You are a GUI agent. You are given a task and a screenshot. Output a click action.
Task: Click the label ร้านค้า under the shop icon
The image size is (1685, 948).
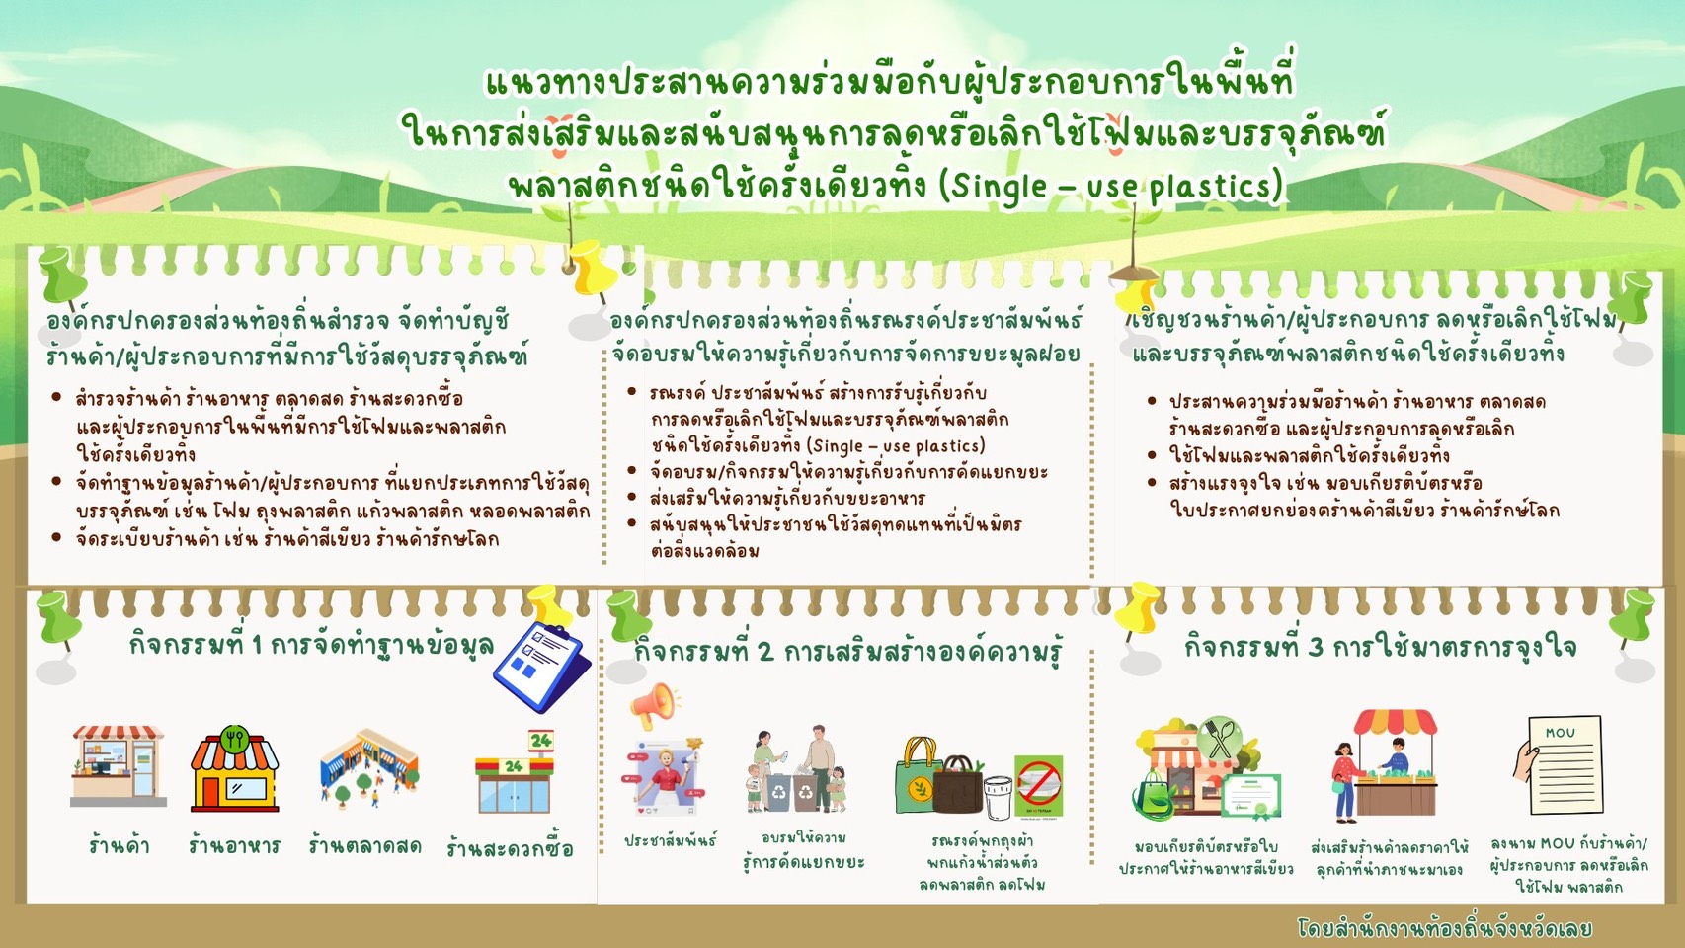[119, 845]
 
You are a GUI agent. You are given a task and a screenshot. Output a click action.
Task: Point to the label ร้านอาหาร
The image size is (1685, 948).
[234, 845]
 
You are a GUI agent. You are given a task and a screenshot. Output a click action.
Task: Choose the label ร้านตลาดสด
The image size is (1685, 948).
[364, 845]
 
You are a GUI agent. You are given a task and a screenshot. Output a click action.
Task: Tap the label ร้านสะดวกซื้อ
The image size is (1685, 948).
[510, 848]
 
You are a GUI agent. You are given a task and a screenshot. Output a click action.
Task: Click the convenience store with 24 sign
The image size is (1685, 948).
[516, 771]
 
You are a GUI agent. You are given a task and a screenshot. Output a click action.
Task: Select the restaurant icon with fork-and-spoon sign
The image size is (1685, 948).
[235, 768]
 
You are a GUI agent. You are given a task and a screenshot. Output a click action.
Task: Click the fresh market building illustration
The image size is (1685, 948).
[368, 767]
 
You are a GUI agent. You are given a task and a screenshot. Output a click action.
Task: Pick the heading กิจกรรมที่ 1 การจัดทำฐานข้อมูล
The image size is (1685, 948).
[311, 646]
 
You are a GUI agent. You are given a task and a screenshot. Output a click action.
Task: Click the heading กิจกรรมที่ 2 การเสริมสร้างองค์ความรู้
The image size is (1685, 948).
[849, 650]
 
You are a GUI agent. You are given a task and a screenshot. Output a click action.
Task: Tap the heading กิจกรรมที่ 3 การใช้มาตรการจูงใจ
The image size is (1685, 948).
[1381, 646]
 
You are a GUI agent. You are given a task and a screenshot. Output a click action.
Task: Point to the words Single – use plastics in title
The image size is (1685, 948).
[1111, 186]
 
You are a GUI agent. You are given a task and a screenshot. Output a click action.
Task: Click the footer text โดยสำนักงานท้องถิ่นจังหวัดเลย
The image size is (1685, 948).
[1444, 928]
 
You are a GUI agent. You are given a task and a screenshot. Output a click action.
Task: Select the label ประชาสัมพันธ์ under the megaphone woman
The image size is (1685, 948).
[671, 840]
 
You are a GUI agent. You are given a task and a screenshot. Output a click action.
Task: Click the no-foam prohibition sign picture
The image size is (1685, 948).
[1039, 786]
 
